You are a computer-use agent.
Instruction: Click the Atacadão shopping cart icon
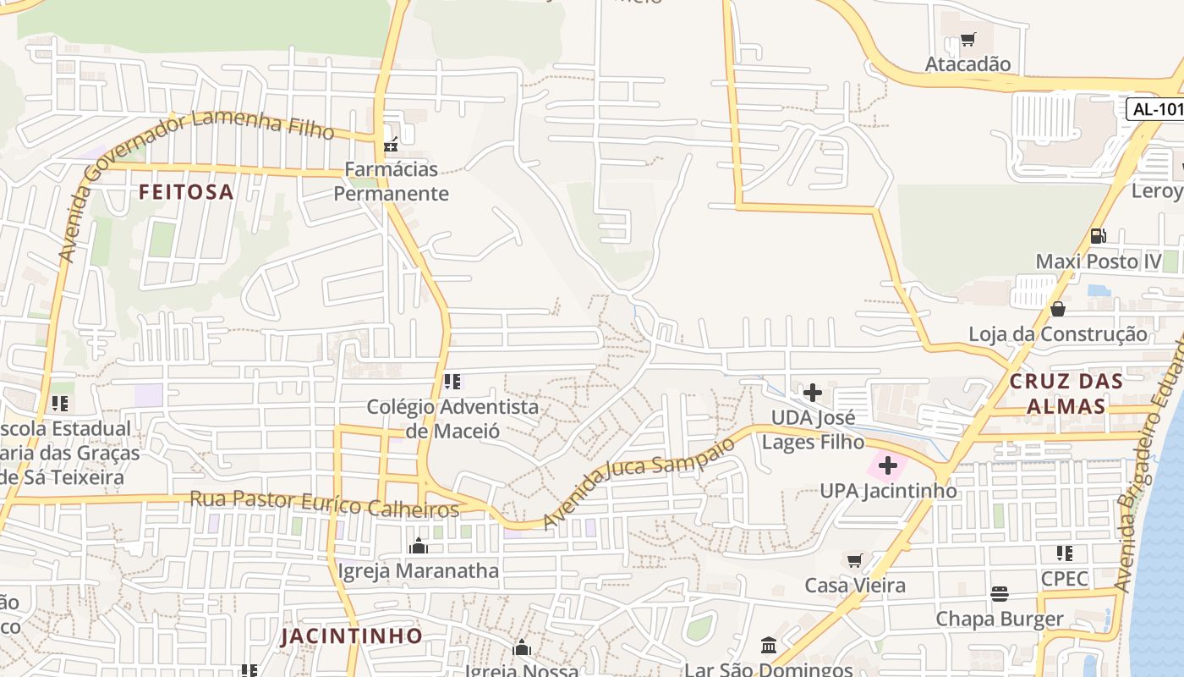point(968,39)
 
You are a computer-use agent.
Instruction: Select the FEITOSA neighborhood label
point(186,192)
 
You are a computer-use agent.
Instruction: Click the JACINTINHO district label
point(351,636)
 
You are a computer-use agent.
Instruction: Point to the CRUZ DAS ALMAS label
point(1066,394)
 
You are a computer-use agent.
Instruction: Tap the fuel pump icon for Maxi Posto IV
point(1098,236)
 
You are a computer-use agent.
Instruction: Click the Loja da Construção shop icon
point(1057,309)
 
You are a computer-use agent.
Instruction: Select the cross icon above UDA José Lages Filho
point(813,393)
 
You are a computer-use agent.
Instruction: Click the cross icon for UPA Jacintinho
point(888,465)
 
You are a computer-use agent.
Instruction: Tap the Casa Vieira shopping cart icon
point(855,560)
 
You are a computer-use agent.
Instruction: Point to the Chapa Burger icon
point(1000,593)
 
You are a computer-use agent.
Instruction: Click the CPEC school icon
point(1064,553)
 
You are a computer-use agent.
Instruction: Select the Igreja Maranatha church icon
point(418,546)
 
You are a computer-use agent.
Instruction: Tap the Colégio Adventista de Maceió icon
point(452,382)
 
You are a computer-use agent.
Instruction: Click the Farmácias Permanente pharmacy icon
point(390,144)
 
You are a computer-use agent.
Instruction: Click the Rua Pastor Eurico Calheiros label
point(324,504)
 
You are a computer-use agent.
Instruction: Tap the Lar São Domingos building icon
point(769,646)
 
